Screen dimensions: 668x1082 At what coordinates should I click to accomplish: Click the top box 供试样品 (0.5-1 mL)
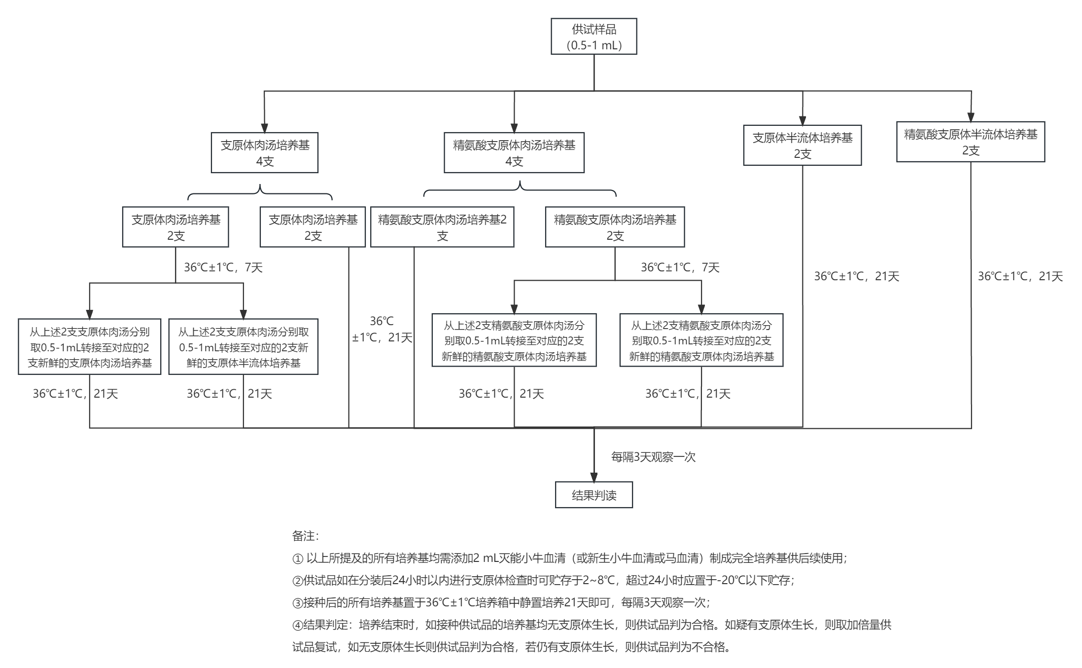click(593, 37)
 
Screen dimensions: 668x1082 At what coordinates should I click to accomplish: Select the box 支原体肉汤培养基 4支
click(264, 153)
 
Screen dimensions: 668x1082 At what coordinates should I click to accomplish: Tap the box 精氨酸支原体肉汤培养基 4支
click(514, 153)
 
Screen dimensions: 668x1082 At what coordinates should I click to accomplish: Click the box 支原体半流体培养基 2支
click(802, 146)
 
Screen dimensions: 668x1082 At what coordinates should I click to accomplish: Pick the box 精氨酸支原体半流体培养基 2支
click(970, 142)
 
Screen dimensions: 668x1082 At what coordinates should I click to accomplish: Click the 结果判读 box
click(593, 495)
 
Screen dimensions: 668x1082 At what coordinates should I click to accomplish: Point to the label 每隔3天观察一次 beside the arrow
click(653, 457)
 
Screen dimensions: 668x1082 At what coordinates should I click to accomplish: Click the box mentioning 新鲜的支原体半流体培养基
click(243, 347)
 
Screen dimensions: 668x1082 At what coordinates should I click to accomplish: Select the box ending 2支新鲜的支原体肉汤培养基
click(89, 347)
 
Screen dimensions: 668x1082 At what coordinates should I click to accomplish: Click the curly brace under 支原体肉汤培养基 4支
click(260, 192)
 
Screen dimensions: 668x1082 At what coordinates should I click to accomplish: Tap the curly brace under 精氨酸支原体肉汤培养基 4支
click(520, 188)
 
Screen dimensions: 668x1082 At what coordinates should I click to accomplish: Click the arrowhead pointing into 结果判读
click(593, 477)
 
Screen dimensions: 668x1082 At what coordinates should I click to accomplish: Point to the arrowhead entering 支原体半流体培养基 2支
click(803, 121)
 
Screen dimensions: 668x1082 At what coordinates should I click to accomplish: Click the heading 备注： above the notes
click(305, 536)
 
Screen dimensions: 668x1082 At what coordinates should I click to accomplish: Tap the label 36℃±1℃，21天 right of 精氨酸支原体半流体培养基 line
click(1020, 276)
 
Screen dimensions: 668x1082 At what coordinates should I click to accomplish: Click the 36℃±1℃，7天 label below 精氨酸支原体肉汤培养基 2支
click(680, 267)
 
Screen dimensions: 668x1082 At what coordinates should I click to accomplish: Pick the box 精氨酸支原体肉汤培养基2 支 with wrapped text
click(442, 227)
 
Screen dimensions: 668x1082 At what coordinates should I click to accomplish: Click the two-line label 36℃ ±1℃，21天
click(382, 330)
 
